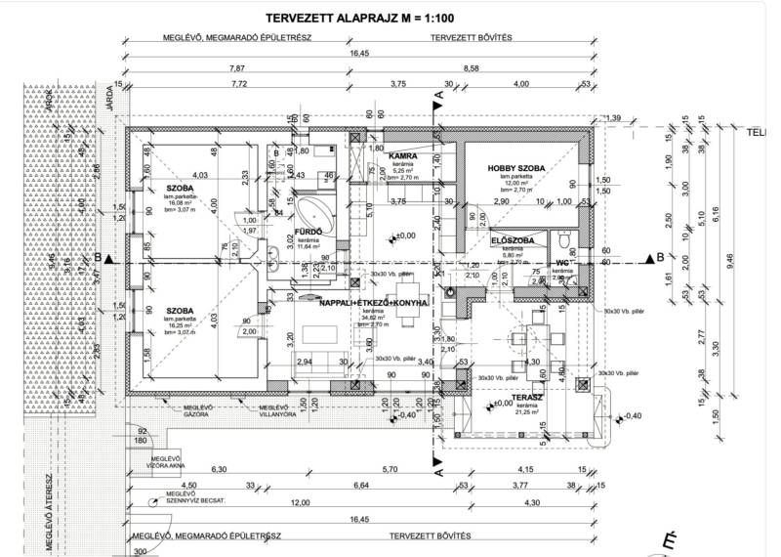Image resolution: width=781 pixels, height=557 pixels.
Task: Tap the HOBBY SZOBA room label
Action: (515, 168)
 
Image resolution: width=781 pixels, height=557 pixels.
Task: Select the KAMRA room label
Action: (403, 156)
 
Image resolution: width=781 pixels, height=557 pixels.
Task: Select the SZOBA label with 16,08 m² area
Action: (179, 187)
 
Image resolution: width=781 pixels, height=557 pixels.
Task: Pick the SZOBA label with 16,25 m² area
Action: (179, 311)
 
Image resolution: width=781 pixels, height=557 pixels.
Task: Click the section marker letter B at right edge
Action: (661, 257)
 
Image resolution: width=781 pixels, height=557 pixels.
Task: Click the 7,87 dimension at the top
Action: (235, 68)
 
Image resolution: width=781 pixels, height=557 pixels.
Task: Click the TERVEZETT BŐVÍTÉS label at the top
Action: (472, 38)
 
